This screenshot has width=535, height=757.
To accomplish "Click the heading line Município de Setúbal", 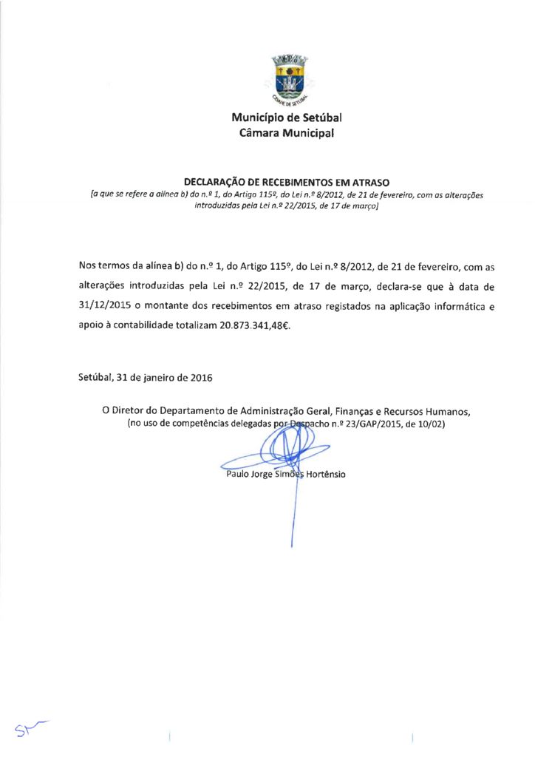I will [x=287, y=118].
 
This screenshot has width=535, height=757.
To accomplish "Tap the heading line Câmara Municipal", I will [x=287, y=133].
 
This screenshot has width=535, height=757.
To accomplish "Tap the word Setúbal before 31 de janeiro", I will [x=95, y=378].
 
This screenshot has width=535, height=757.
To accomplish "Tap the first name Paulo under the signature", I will [x=238, y=474].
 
